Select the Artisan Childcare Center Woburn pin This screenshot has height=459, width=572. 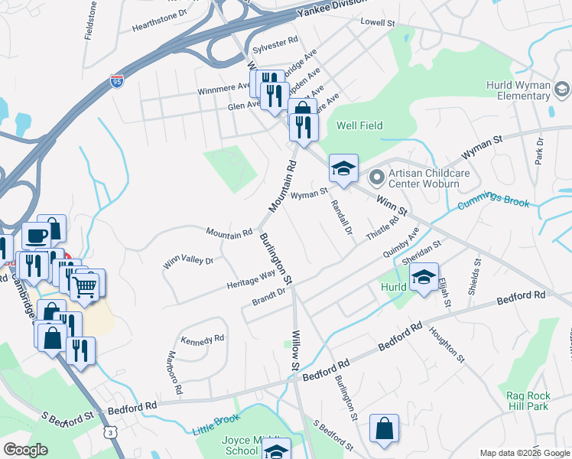point(375,177)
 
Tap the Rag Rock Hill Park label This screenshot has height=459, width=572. point(528,401)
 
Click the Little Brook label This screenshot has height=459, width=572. point(218,425)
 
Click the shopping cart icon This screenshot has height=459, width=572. point(85,288)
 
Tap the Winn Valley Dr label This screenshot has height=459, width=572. point(187,262)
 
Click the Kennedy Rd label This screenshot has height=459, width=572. point(203,338)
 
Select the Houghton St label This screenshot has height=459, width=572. point(447,343)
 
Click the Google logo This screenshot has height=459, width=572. point(25,450)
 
